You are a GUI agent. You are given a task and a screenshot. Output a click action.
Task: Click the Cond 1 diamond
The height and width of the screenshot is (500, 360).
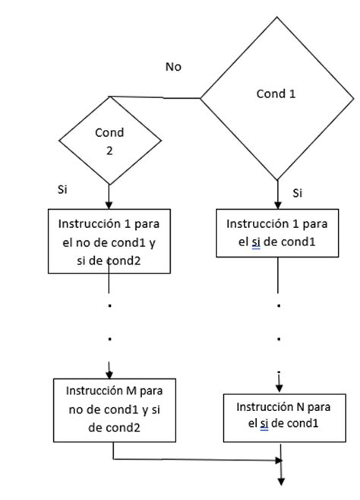tap(277, 97)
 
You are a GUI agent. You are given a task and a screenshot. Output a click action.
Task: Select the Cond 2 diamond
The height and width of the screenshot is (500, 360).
tap(109, 140)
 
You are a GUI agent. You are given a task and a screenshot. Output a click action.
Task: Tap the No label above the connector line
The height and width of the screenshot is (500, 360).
tap(174, 67)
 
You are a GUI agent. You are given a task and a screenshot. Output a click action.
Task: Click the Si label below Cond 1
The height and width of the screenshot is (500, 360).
tap(298, 193)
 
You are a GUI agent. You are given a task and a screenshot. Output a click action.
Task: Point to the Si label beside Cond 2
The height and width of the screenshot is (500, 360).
tap(63, 188)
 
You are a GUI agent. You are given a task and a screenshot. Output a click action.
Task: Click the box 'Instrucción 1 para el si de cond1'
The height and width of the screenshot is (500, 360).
tap(278, 233)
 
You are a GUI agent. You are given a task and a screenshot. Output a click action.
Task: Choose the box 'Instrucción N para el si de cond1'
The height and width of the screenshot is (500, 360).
tap(278, 416)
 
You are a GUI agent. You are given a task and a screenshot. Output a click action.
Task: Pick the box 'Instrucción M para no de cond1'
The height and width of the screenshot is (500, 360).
tap(113, 408)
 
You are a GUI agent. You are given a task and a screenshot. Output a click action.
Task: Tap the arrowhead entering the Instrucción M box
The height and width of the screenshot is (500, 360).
tap(110, 373)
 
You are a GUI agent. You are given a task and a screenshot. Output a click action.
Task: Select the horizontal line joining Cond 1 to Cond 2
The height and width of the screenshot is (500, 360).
tap(156, 97)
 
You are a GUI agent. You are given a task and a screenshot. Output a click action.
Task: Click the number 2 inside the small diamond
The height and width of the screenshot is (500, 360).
tap(109, 150)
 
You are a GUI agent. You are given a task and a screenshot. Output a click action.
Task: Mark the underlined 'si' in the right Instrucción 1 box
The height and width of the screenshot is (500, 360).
tap(266, 242)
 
